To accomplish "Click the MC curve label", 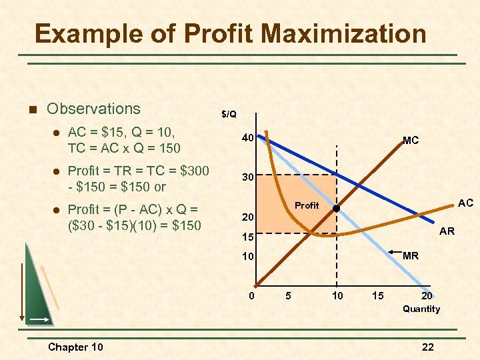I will pos(411,141).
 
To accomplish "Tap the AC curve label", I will pos(465,202).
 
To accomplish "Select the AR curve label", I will pos(447,231).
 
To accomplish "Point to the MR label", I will pos(411,255).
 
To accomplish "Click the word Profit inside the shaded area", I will pos(307,205).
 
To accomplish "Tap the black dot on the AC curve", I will pos(337,209).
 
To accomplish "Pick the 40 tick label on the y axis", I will pos(247,139).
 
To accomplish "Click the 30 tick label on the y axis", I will pos(247,178).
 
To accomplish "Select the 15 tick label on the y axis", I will pos(247,237).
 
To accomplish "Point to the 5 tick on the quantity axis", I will pos(287,296).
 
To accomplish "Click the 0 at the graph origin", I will pos(251,296).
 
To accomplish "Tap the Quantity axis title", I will pos(421,309).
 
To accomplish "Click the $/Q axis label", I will pos(229,114).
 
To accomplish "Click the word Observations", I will pos(94,109).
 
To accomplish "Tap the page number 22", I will pos(427,347).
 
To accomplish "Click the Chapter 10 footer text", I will pos(76,347).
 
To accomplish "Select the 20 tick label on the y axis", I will pos(247,217).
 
